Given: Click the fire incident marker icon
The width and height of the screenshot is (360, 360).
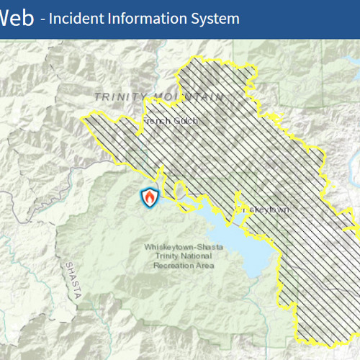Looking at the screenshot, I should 150,197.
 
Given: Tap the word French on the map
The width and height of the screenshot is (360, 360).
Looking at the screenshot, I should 158,121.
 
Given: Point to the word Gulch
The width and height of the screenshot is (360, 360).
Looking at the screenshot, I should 185,121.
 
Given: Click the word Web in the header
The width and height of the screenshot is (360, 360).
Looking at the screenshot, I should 17,18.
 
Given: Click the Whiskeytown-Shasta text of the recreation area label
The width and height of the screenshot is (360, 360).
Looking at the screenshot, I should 184,247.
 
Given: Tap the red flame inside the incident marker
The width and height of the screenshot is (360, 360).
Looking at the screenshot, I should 150,196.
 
